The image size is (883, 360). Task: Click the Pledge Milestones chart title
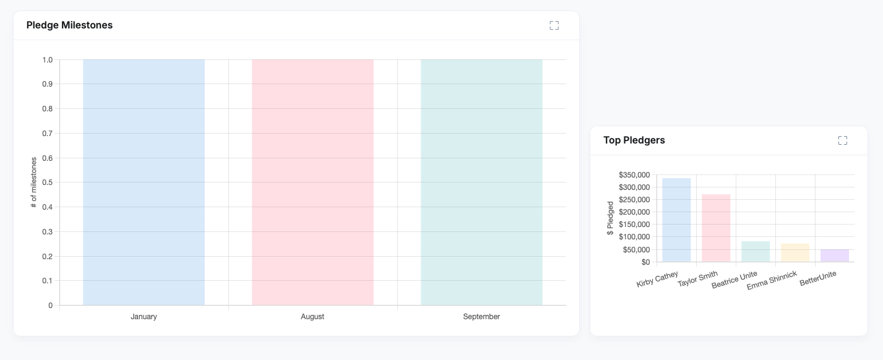69,25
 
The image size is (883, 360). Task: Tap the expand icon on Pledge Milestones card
554,25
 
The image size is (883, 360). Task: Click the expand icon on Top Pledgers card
842,140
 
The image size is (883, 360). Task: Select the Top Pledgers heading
634,140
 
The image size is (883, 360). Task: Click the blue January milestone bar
144,182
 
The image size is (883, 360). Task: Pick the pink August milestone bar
312,182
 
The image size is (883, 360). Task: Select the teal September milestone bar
481,182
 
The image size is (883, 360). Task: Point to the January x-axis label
144,317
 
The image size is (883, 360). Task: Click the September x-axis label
481,317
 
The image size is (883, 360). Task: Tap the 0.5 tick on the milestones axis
47,182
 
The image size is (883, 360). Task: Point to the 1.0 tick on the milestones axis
47,60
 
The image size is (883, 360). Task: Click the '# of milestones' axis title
34,182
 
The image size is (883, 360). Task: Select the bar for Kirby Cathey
676,220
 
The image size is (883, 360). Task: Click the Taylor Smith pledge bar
716,228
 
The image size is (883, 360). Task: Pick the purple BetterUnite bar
835,255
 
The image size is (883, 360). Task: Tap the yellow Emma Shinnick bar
795,253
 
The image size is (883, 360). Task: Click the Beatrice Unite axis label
734,280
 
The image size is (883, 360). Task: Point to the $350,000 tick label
634,175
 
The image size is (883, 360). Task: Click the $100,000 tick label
634,237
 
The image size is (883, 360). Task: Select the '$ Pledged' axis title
610,218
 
